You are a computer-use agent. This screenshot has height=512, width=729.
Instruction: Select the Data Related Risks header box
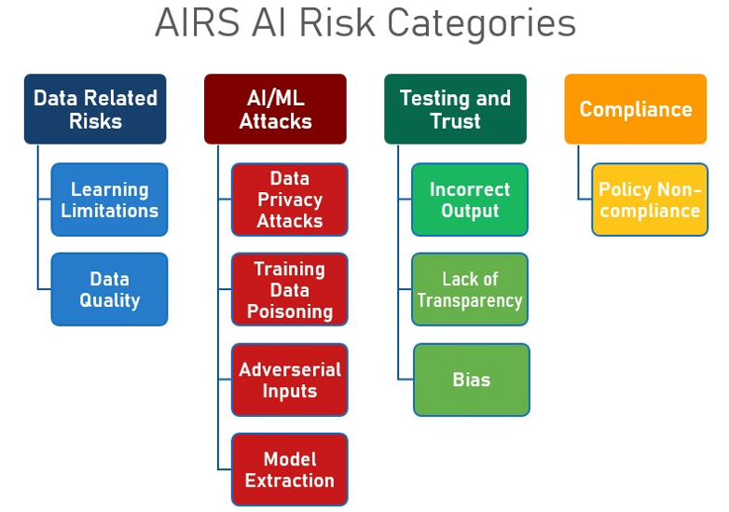(95, 109)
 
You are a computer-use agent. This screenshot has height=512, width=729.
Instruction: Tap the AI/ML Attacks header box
(275, 109)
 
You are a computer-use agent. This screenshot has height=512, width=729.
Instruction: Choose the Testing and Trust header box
(455, 109)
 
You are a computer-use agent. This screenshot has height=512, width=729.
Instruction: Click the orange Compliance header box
(635, 109)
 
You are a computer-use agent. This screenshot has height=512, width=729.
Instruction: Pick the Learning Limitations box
(109, 200)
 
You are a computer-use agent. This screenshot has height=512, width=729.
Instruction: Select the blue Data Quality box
(109, 289)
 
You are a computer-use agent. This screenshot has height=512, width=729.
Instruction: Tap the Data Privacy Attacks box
(289, 200)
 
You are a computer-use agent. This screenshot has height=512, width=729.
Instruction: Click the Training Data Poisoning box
(289, 289)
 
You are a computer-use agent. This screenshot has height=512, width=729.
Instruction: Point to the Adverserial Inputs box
(289, 380)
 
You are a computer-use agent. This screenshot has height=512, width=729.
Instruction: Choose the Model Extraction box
(289, 469)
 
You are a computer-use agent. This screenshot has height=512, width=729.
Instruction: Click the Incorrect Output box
(470, 200)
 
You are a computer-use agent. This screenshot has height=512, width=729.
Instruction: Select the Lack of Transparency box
(470, 289)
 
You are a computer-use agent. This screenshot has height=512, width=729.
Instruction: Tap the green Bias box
(471, 380)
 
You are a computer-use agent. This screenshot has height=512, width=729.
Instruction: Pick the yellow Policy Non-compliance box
(649, 200)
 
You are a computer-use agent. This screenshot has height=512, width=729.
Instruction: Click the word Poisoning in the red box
(289, 311)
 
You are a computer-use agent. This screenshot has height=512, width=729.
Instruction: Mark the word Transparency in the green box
(470, 301)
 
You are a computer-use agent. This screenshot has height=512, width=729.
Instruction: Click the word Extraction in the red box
(289, 481)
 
